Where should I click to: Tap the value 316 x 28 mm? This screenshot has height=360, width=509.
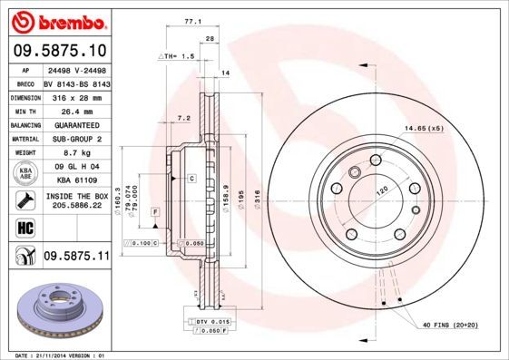[x=75, y=97]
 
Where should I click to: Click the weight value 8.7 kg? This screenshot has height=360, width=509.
[x=75, y=153]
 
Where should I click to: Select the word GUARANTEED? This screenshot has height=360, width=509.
[x=75, y=125]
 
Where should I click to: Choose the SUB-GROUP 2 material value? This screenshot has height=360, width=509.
[x=75, y=139]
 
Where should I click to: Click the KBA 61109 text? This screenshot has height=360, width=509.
[x=75, y=181]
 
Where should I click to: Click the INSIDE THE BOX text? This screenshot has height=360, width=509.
[x=76, y=196]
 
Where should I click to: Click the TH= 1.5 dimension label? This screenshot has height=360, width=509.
[x=178, y=56]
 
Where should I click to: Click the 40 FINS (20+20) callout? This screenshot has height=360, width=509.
[x=451, y=325]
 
